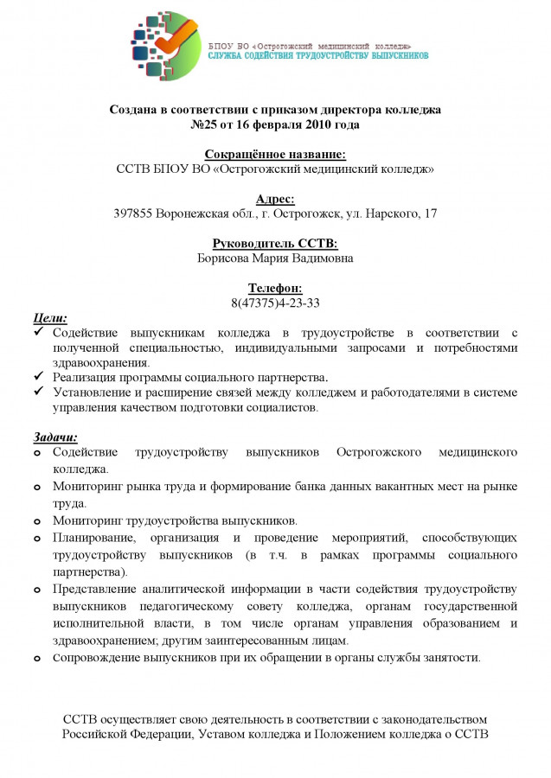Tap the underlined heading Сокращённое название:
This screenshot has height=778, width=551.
pos(275,154)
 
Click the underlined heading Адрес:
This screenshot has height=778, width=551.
pos(275,198)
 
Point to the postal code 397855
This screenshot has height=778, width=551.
pos(133,214)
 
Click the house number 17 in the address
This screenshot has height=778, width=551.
pos(430,214)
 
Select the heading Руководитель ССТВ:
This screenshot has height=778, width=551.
pos(275,244)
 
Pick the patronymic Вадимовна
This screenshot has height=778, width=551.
pos(321,258)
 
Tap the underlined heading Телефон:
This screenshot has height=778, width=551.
pos(275,288)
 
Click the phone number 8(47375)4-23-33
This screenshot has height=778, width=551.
pos(275,303)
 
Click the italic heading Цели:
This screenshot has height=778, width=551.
pos(49,317)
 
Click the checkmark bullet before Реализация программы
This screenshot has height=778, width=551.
pos(37,377)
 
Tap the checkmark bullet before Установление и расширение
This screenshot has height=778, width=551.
pos(37,392)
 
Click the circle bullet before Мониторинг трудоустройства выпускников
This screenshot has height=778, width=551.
pos(36,521)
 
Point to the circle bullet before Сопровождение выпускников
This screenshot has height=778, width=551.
pos(36,658)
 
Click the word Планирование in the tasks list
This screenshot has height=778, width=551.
pos(93,537)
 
